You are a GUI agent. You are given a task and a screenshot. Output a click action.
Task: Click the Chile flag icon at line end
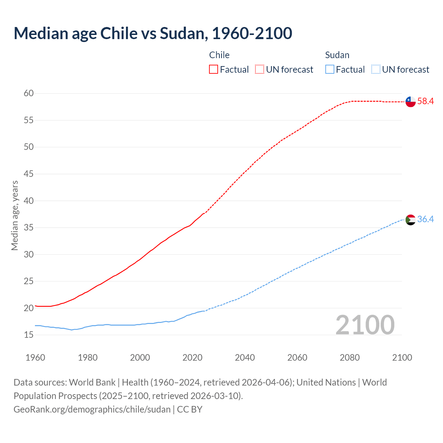click(410, 102)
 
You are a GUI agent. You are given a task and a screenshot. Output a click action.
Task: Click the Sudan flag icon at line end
click(410, 219)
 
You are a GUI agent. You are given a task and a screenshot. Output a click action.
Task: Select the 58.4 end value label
click(425, 101)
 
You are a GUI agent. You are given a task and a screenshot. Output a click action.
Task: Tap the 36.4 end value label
click(425, 219)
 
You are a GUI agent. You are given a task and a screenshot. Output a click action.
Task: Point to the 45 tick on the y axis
click(29, 174)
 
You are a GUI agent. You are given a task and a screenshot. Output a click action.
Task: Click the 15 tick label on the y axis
click(29, 335)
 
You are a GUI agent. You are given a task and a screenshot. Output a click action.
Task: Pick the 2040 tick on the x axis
click(245, 358)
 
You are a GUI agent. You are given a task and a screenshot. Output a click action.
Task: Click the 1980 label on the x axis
click(88, 358)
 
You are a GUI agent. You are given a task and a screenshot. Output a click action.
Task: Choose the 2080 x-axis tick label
click(350, 358)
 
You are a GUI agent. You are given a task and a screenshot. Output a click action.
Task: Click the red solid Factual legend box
click(214, 70)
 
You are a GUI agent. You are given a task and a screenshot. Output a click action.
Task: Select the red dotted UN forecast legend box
click(260, 70)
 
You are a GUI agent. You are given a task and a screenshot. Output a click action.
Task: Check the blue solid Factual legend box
click(330, 70)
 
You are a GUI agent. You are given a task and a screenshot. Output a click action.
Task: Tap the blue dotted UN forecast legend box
click(376, 70)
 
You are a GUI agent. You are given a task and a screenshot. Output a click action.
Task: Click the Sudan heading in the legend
click(337, 55)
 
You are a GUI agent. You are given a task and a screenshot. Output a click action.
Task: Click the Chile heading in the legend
click(219, 55)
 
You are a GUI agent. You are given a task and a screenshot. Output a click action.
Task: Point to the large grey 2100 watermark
click(365, 325)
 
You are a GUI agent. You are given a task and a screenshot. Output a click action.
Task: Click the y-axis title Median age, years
click(15, 215)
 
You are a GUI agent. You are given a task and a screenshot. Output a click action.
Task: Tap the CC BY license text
click(190, 409)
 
